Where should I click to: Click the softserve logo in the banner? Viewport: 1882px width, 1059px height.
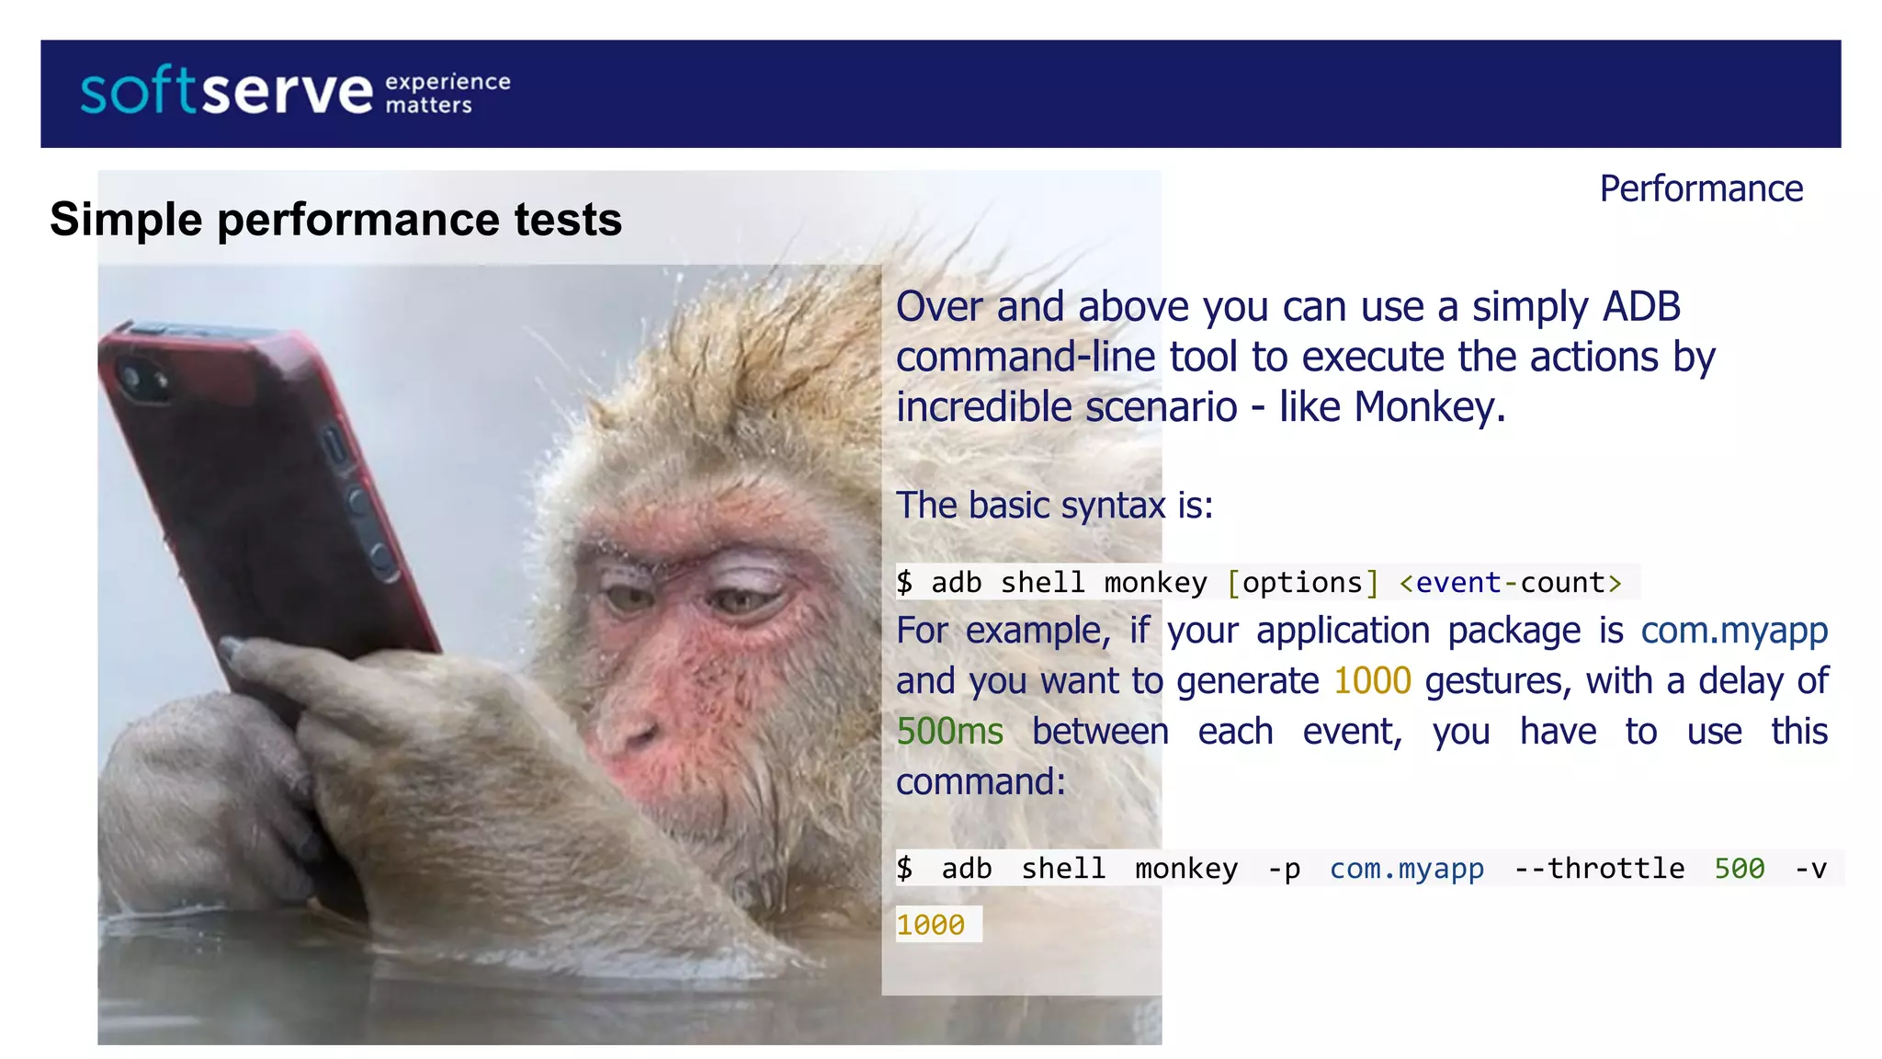[227, 92]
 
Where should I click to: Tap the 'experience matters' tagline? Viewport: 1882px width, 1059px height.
[448, 93]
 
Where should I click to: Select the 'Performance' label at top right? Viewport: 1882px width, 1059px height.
[1701, 188]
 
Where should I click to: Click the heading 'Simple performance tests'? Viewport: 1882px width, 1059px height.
[336, 220]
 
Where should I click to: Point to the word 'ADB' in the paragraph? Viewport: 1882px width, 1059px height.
[1641, 307]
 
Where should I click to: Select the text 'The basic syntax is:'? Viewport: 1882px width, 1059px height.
[1054, 506]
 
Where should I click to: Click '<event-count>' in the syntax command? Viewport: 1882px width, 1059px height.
[1510, 583]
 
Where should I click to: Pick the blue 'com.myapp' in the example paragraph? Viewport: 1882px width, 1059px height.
[1734, 631]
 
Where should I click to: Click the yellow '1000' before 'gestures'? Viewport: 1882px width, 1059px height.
[1372, 681]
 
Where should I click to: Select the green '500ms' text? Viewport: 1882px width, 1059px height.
[949, 732]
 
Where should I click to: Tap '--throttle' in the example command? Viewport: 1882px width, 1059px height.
[1599, 869]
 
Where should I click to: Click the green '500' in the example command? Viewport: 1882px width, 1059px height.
[1739, 869]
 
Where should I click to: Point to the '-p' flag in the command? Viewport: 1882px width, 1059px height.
[1284, 869]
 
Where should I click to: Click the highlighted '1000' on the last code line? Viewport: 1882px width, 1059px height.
[930, 925]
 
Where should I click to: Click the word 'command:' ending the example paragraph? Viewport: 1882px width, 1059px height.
[981, 782]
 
